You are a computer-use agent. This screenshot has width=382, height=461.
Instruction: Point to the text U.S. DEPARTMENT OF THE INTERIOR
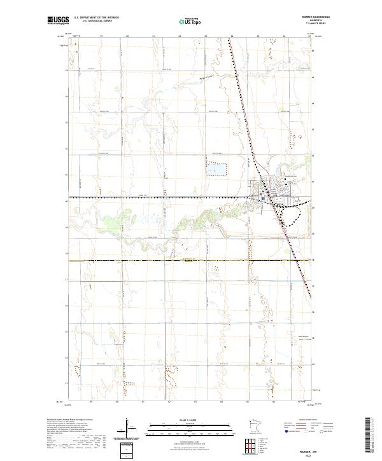[x=96, y=18]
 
